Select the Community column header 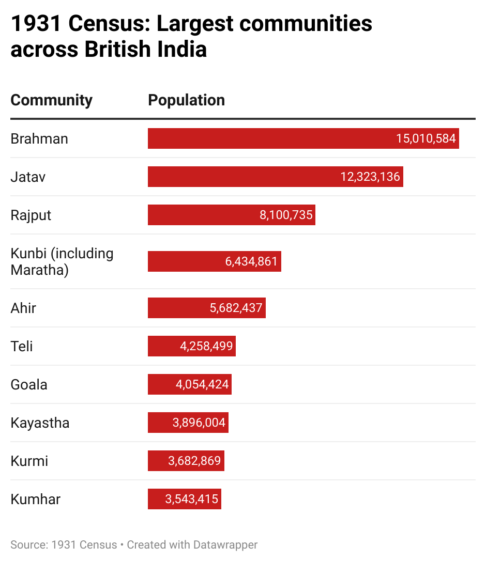(x=52, y=100)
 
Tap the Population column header (x=186, y=100)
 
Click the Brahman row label (x=39, y=138)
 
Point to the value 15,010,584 (x=426, y=138)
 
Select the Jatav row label (x=28, y=177)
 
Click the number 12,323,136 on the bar (x=370, y=177)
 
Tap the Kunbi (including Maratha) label (x=62, y=261)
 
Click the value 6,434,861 (x=251, y=261)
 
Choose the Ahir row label (x=23, y=308)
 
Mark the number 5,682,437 (x=236, y=308)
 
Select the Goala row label (x=29, y=384)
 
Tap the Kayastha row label (x=40, y=423)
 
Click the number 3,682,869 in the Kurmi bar (x=194, y=461)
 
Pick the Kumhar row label (x=35, y=499)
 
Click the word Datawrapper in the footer (x=225, y=544)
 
